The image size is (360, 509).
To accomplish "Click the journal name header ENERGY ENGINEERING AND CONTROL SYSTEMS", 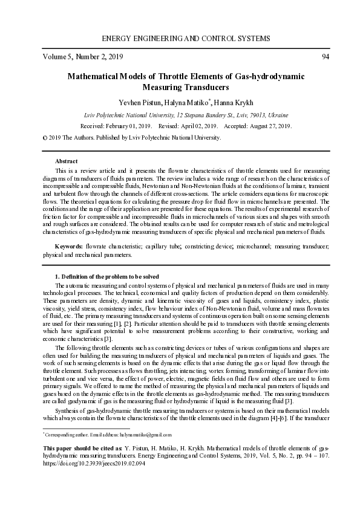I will pyautogui.click(x=186, y=39).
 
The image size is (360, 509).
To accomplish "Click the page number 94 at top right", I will pyautogui.click(x=326, y=57).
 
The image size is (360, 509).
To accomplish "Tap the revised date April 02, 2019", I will pyautogui.click(x=199, y=126).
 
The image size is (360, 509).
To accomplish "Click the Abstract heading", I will pyautogui.click(x=66, y=161).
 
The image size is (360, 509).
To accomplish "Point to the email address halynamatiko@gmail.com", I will pyautogui.click(x=145, y=435).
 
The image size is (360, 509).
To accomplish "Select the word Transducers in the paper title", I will pyautogui.click(x=205, y=88).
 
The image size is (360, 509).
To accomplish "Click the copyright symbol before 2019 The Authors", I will pyautogui.click(x=45, y=137).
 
